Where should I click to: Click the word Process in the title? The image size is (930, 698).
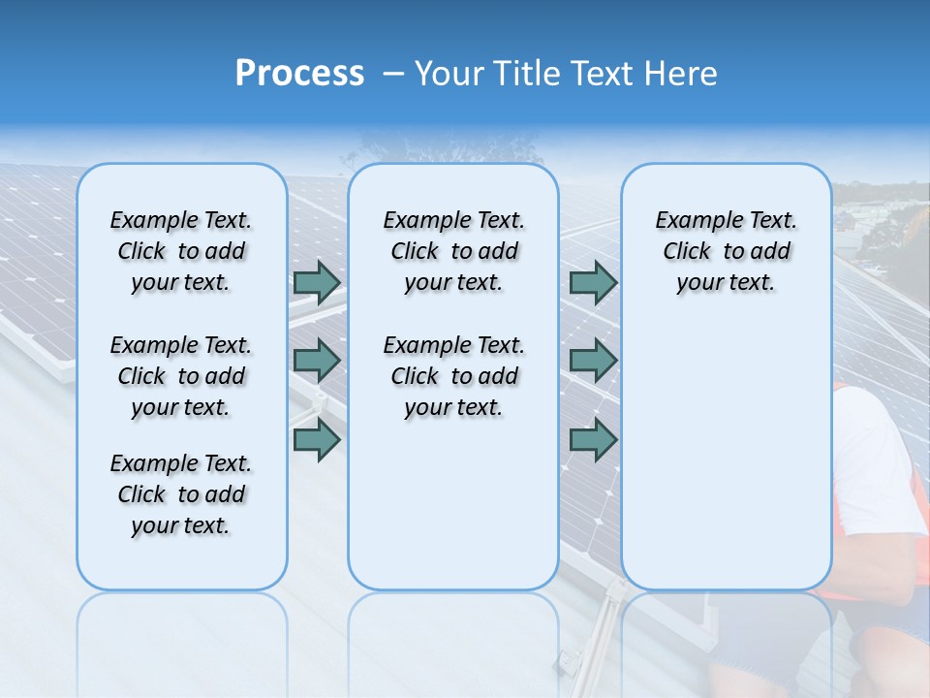(299, 74)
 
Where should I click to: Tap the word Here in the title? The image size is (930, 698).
(677, 74)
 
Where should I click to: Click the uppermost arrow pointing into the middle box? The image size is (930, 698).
(317, 282)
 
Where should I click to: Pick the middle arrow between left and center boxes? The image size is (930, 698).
(317, 361)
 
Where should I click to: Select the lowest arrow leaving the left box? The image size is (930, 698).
(317, 439)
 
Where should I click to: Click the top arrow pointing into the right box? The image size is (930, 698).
(593, 282)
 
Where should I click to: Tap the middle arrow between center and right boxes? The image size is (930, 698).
(593, 361)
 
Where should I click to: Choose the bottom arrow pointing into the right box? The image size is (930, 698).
(593, 439)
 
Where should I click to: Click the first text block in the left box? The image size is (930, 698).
(181, 251)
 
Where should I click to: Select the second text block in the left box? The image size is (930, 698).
(181, 376)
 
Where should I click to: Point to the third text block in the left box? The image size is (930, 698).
(181, 494)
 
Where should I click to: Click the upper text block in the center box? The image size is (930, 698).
(453, 251)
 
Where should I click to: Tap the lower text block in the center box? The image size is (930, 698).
(453, 376)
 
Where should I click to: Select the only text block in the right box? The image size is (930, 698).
(726, 251)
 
